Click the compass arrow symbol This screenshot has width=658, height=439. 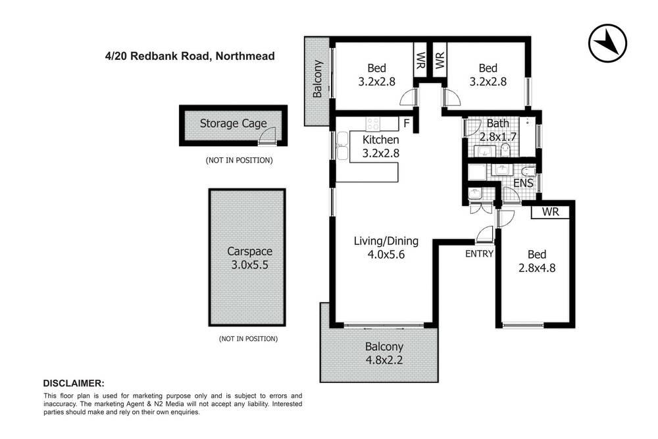click(605, 45)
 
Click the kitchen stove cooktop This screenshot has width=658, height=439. click(373, 123)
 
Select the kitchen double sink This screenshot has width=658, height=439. click(342, 145)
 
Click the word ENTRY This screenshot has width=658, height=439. click(479, 253)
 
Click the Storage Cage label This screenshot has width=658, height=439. click(233, 123)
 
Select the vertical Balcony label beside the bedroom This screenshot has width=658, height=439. click(318, 80)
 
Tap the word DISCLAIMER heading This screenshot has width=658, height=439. click(73, 383)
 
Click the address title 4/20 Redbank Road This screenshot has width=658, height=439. click(189, 57)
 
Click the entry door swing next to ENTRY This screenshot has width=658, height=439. click(486, 234)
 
